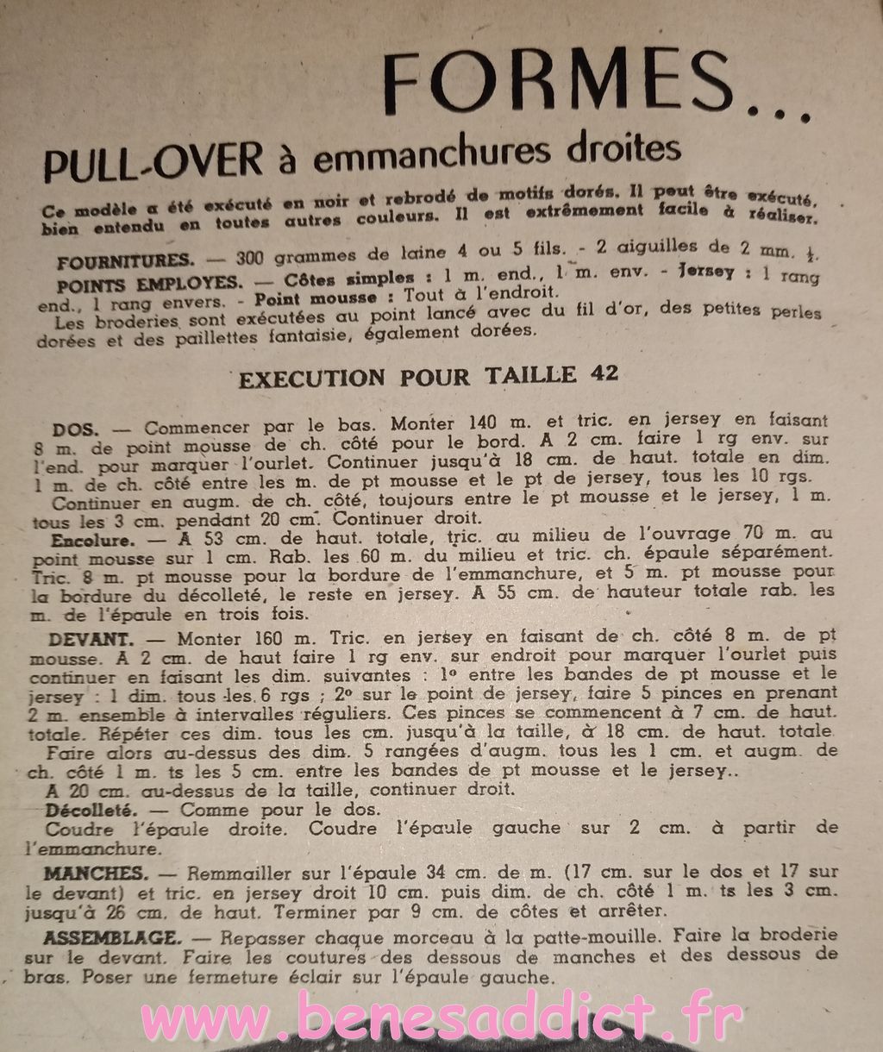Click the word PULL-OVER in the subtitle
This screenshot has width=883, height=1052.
tap(153, 161)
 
